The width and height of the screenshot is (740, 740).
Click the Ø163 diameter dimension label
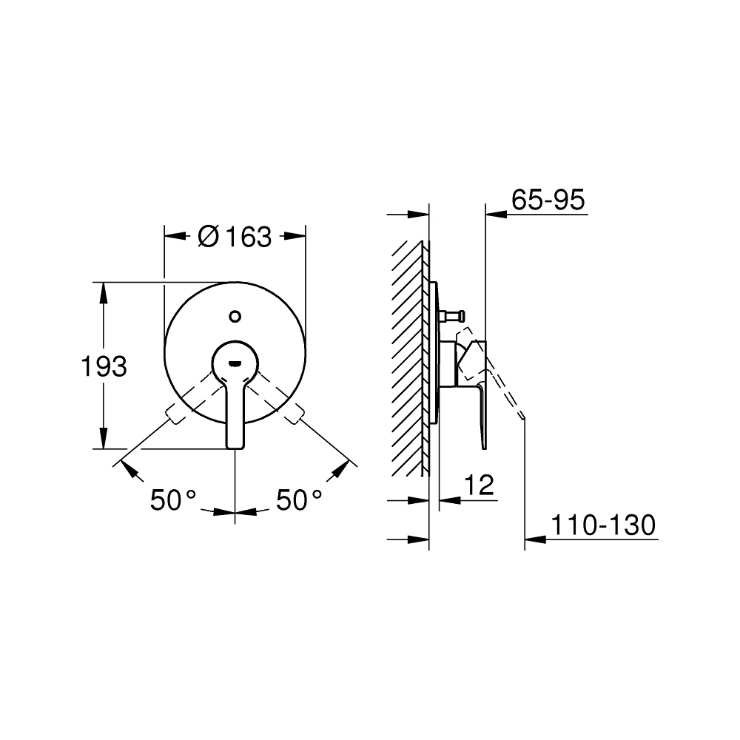[235, 237]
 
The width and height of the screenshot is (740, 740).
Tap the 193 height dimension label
[104, 366]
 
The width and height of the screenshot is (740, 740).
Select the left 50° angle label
[172, 500]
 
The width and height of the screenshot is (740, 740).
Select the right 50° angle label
[299, 500]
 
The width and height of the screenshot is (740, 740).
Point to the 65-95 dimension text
[548, 199]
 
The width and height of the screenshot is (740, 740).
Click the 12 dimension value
[479, 485]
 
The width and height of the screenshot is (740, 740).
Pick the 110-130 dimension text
[603, 525]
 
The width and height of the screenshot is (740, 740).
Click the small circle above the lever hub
[235, 316]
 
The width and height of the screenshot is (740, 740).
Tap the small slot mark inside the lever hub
[235, 363]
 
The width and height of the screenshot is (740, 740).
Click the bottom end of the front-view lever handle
[235, 447]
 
